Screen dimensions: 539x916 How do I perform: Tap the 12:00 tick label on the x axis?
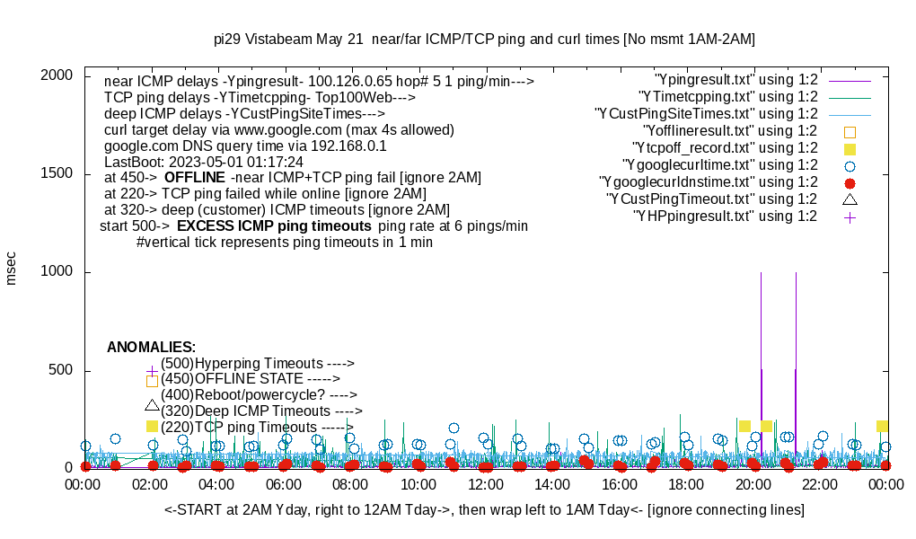tap(485, 485)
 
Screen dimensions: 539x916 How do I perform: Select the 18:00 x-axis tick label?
tap(686, 485)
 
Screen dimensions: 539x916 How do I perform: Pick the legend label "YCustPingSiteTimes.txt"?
tap(707, 114)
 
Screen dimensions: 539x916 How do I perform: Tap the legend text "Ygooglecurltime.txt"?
tap(720, 165)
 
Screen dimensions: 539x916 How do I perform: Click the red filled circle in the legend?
tap(850, 182)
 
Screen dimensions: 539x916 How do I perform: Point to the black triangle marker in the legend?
tap(850, 199)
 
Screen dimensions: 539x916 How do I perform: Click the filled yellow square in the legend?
tap(850, 148)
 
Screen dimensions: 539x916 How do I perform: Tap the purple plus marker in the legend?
tap(850, 216)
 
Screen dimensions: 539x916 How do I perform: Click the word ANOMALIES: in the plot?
tap(151, 347)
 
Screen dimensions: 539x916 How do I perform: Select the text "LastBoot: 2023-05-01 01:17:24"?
tap(204, 162)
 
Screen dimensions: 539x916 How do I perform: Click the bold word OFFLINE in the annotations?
tap(195, 178)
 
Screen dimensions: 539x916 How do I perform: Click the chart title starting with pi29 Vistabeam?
tap(484, 40)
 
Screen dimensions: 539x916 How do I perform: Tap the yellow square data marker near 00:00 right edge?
tap(883, 426)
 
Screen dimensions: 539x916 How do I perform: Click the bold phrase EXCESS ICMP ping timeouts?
tap(274, 226)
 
